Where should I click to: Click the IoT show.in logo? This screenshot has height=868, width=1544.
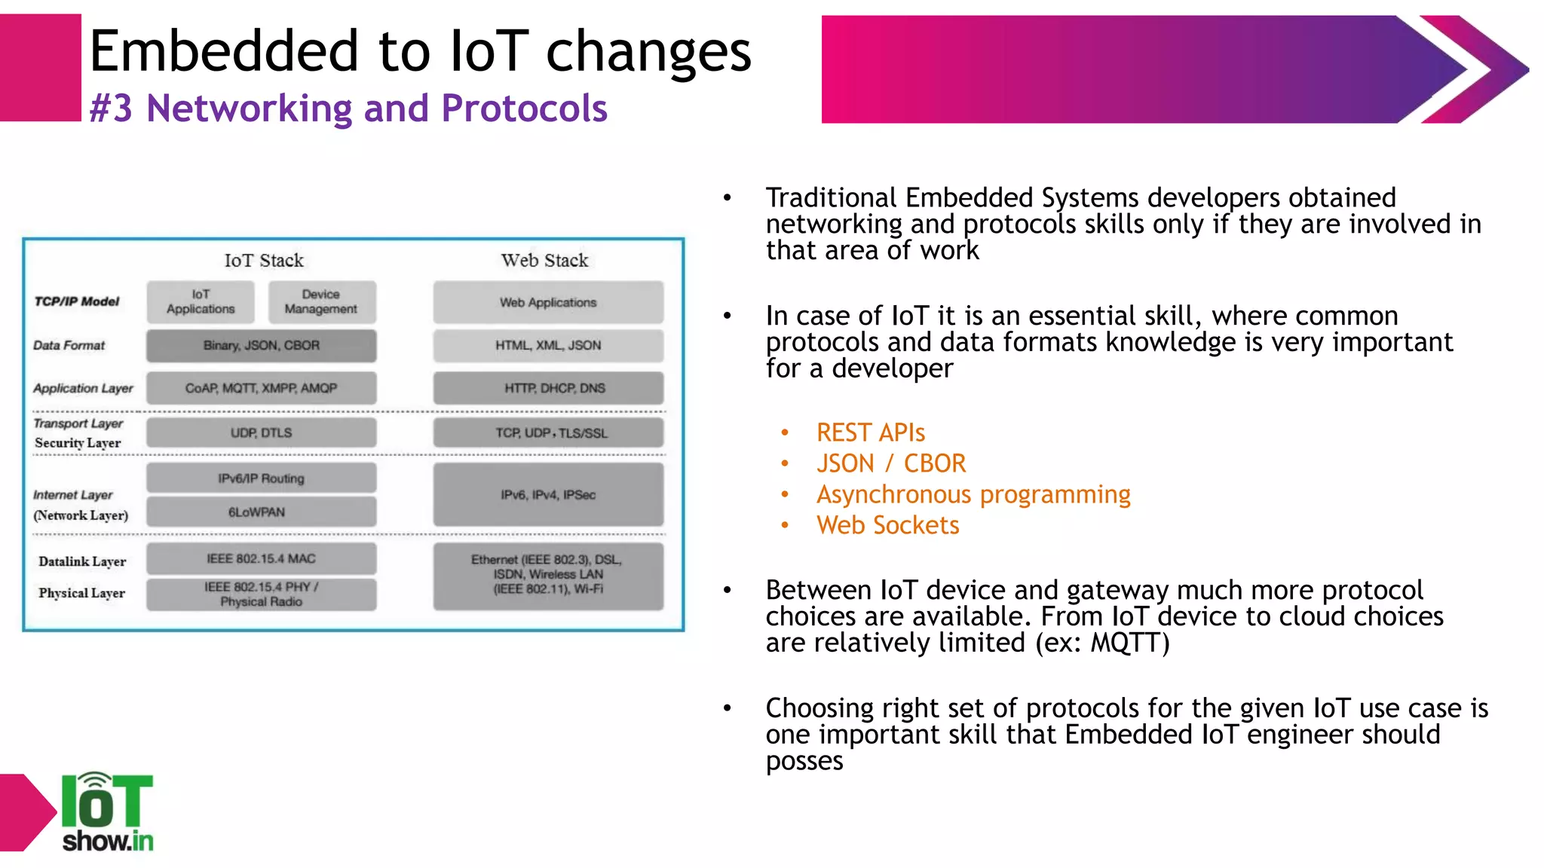(106, 812)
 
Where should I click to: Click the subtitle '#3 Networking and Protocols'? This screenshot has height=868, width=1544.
(348, 108)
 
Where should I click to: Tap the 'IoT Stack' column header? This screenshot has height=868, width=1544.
(264, 261)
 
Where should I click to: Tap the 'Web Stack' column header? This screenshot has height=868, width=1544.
(544, 261)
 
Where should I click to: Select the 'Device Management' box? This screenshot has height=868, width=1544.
(321, 302)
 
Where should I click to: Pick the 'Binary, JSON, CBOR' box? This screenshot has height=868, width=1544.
(261, 346)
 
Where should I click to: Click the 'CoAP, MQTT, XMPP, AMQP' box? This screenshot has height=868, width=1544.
(261, 389)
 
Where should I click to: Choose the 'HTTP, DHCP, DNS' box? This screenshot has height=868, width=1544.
(548, 389)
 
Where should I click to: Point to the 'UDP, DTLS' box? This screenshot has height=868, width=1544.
(261, 433)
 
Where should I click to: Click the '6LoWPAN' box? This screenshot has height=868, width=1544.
(261, 512)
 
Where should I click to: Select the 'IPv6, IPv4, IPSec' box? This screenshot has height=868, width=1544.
(548, 495)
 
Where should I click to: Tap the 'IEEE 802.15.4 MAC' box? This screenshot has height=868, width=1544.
(261, 559)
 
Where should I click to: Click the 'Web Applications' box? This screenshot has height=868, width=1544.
(548, 303)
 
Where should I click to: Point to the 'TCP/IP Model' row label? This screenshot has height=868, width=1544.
(77, 302)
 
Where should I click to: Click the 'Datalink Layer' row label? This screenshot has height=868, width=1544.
(82, 562)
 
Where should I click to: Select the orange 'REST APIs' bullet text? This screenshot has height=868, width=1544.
(870, 432)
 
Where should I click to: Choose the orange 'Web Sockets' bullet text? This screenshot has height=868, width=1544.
(887, 525)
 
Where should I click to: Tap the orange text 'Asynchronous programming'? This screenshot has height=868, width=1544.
(973, 494)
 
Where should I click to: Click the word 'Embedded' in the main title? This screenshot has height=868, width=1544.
(224, 51)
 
